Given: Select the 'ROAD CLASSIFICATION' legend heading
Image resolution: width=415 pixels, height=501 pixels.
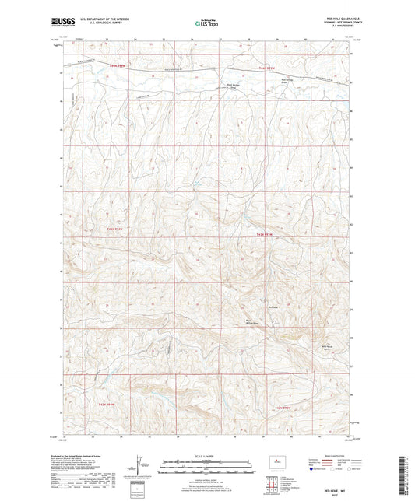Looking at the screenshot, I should (x=339, y=455).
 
